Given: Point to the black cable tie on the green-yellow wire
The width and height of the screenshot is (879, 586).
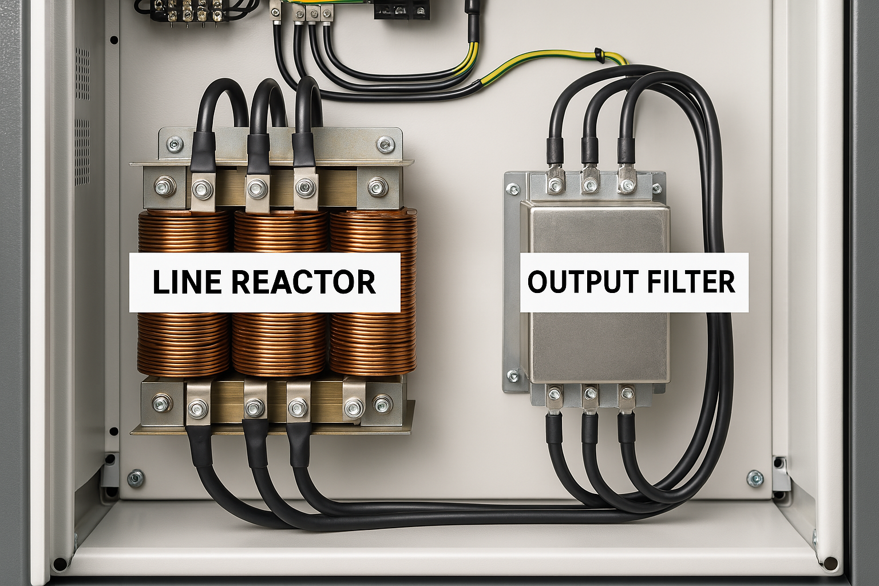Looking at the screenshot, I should [x=599, y=55].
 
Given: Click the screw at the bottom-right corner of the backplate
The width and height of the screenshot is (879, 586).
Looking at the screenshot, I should [x=755, y=478].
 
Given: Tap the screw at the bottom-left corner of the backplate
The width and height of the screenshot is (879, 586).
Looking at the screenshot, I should [x=136, y=478].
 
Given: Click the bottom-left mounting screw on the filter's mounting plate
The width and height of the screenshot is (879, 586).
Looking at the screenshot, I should [x=513, y=376].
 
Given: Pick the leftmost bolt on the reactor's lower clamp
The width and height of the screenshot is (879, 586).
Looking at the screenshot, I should [x=161, y=403].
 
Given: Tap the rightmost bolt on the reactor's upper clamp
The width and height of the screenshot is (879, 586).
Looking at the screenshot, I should [x=376, y=187].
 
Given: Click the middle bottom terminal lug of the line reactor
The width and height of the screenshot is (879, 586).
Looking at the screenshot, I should [x=254, y=407].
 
